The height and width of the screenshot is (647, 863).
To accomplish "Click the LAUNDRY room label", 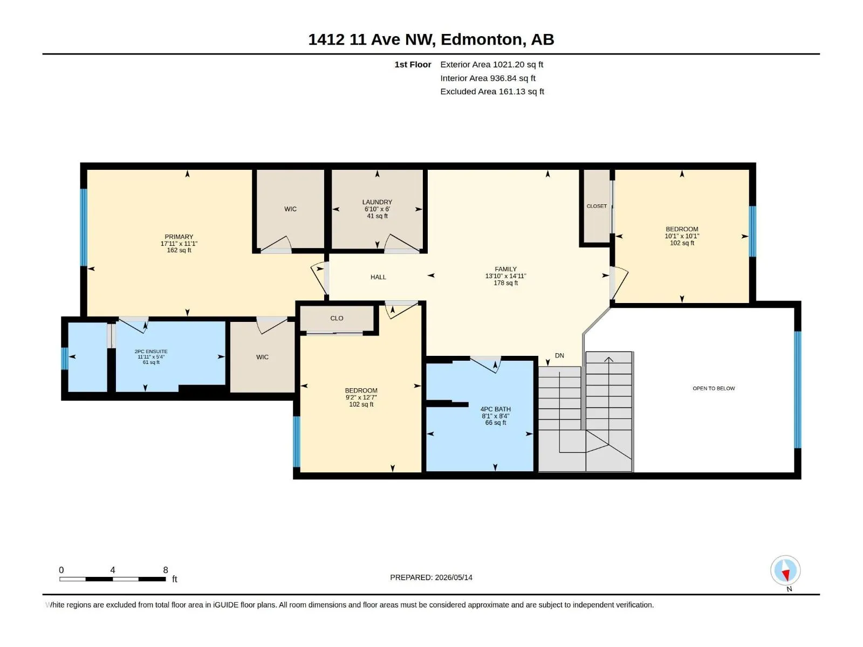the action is click(x=377, y=202).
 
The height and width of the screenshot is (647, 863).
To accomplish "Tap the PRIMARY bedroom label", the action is click(x=179, y=237).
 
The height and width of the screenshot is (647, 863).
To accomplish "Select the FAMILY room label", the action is click(x=505, y=269).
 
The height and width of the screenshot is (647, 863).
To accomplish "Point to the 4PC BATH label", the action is click(x=495, y=409).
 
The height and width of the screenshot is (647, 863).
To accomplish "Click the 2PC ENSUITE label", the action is click(x=151, y=351).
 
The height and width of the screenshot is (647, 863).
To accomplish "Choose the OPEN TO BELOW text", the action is click(x=714, y=388).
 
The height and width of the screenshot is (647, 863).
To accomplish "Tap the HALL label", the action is click(x=378, y=277).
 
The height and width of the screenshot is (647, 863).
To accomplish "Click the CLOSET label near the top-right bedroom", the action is click(x=597, y=206).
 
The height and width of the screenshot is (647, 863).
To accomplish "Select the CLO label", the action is click(x=337, y=318).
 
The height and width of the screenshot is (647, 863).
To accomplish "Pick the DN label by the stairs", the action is click(x=559, y=355).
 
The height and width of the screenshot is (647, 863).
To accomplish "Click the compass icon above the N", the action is click(x=785, y=570).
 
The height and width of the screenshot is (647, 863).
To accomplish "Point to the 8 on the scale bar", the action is click(x=166, y=569).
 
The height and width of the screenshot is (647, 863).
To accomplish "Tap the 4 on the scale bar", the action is click(x=113, y=569).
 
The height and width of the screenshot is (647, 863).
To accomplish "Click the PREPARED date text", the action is click(x=432, y=577).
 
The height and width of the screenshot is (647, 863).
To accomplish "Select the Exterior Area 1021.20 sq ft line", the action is click(x=492, y=64).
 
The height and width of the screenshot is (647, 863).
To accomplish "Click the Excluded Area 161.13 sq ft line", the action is click(x=492, y=92).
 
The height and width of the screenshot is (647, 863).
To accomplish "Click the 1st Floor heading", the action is click(x=413, y=64).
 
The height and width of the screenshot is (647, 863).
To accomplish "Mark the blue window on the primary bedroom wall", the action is click(x=84, y=228).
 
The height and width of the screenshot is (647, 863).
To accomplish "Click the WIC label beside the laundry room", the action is click(x=291, y=209).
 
